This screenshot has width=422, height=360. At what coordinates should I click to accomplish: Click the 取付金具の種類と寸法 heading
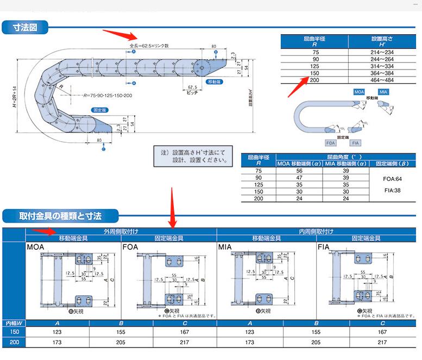tap(60, 216)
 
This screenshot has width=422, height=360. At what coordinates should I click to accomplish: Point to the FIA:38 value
tap(385, 191)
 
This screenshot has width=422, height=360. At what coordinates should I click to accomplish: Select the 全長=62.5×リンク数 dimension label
tap(150, 46)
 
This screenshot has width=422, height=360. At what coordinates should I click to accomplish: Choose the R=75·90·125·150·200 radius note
tap(108, 96)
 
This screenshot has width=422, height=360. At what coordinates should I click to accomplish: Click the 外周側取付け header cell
tap(121, 231)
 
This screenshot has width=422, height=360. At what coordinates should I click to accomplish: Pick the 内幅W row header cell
tap(14, 323)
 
